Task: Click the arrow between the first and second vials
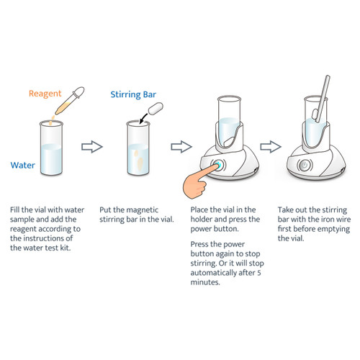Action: (91, 147)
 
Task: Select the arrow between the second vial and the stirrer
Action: (179, 147)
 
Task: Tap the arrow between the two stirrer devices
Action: (270, 147)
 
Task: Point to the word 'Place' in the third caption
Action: (202, 210)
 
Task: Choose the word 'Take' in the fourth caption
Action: (287, 210)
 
